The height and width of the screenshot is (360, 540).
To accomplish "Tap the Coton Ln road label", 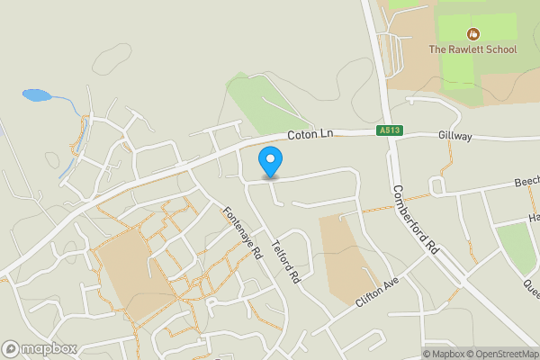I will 310,134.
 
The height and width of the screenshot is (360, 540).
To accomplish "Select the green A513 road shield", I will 390,131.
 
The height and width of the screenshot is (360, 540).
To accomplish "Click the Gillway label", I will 455,134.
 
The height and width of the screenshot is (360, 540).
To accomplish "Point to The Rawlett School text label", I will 472,49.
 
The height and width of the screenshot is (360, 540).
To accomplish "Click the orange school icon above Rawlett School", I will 472,32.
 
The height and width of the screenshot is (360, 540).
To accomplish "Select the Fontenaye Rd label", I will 241,233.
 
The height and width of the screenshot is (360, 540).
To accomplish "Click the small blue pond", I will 35,94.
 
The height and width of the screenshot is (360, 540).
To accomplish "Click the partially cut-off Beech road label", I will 526,182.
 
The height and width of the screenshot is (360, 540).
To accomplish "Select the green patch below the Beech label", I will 517,247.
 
